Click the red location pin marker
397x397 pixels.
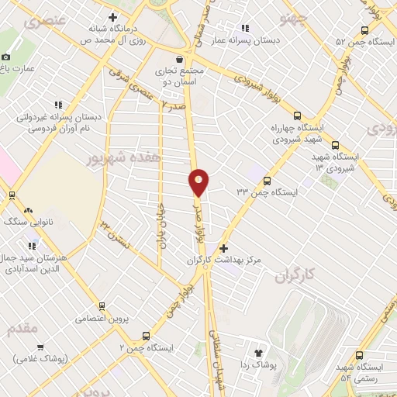pyautogui.click(x=198, y=183)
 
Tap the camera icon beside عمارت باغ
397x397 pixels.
pyautogui.click(x=6, y=57)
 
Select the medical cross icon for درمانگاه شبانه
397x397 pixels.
pyautogui.click(x=113, y=17)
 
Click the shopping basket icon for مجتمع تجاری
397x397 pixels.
pyautogui.click(x=180, y=58)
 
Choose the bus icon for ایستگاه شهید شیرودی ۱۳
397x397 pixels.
pyautogui.click(x=335, y=145)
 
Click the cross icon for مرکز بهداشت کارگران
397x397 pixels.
pyautogui.click(x=224, y=249)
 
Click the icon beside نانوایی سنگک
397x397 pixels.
pyautogui.click(x=28, y=210)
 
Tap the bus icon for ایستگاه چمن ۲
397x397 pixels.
pyautogui.click(x=146, y=336)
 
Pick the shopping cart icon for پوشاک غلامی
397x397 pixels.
pyautogui.click(x=40, y=347)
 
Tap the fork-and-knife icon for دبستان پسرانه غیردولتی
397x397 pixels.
pyautogui.click(x=57, y=105)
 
